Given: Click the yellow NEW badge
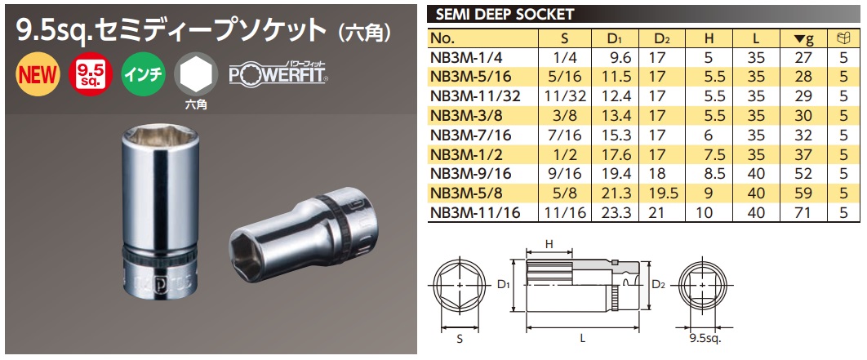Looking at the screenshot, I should coord(38,74).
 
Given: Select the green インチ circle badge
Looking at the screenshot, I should coord(143,74).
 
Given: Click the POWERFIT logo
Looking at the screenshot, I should coord(278,74).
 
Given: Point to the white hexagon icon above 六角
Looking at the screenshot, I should coord(196,74).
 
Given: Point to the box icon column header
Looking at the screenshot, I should coord(845,38).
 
